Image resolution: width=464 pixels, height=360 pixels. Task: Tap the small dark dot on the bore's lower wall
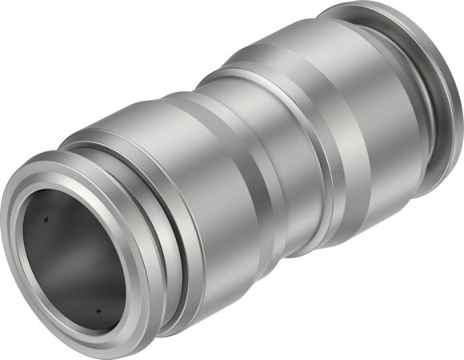click(98, 311)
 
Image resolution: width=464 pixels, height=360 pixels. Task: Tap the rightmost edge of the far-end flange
click(462, 120)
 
